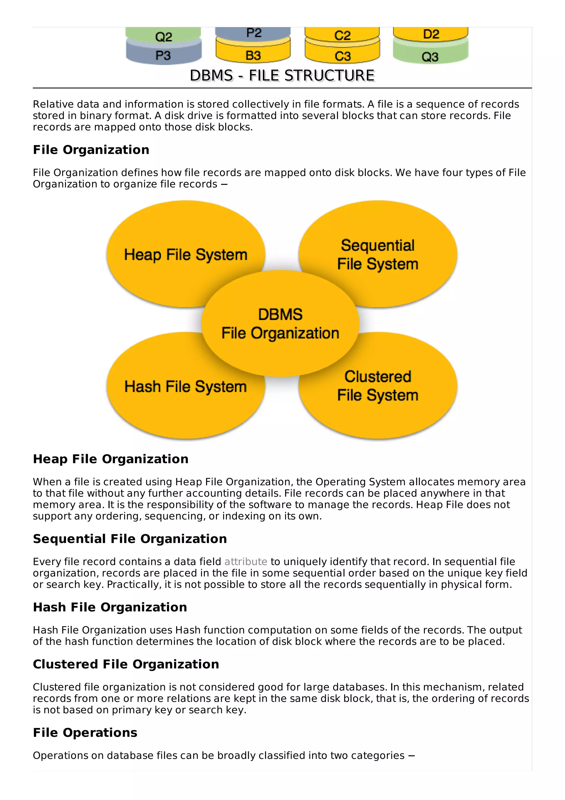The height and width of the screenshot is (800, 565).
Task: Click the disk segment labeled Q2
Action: (x=163, y=36)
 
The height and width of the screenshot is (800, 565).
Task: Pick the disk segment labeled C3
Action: (x=343, y=56)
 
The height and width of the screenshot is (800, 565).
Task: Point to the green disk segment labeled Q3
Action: (x=430, y=56)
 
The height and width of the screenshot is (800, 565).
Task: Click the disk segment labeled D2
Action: (x=431, y=34)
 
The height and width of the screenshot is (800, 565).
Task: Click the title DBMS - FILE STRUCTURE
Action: (x=282, y=76)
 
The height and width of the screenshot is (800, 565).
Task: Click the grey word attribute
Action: (x=246, y=562)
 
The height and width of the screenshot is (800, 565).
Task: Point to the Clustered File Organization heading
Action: (x=126, y=664)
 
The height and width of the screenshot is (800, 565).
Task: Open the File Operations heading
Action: (x=85, y=733)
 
